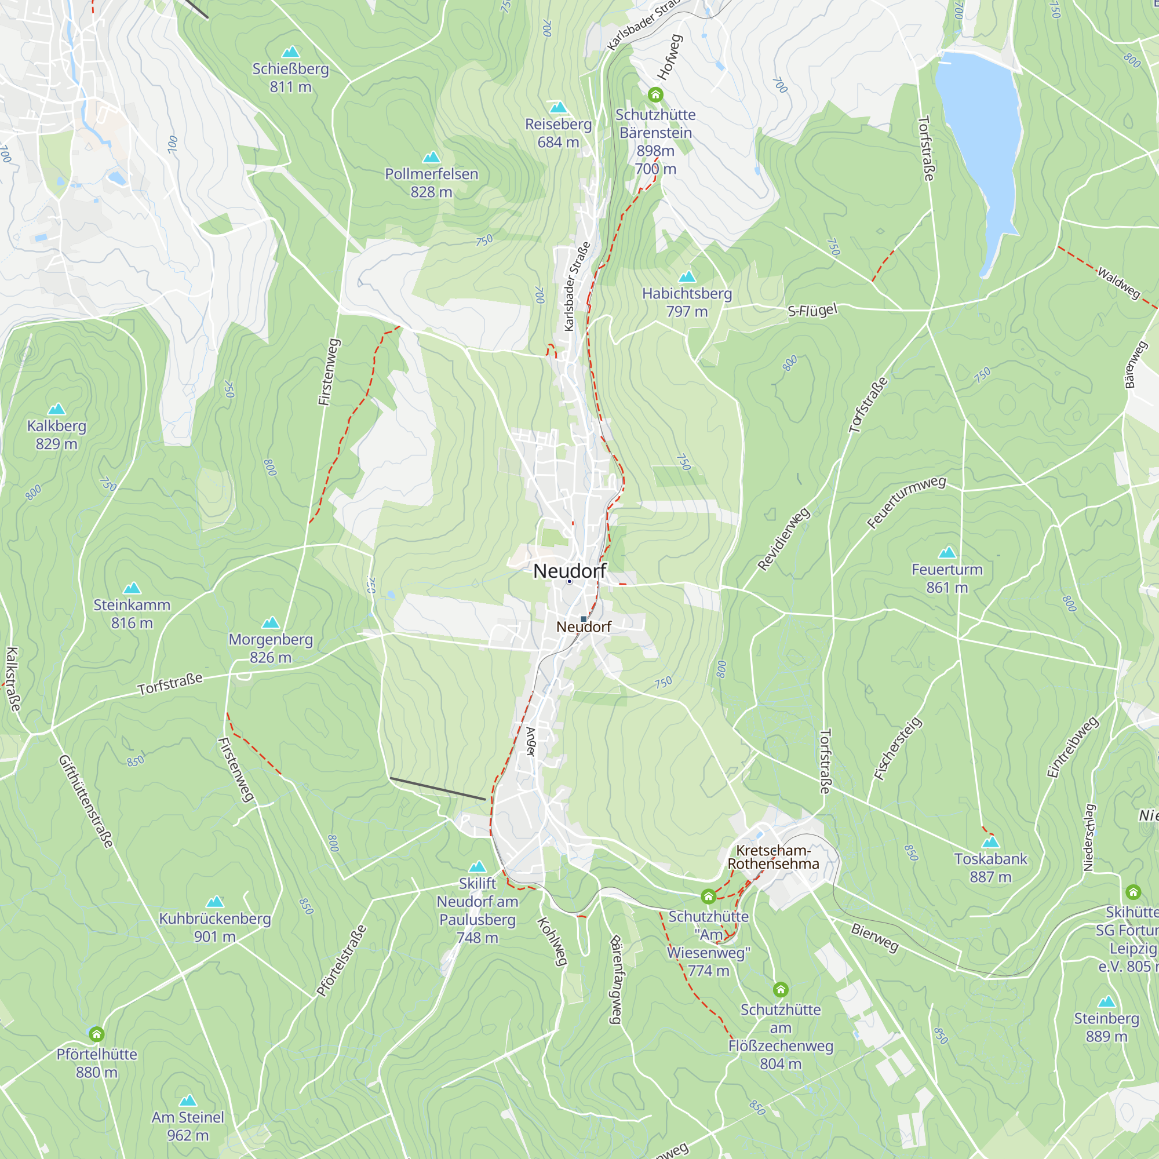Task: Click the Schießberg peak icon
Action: [290, 52]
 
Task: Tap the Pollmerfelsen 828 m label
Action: [431, 183]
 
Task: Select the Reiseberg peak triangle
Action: [559, 107]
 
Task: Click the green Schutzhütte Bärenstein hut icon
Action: [655, 95]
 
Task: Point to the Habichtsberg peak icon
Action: [687, 276]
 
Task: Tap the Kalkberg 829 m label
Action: [56, 435]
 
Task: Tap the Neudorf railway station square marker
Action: [583, 618]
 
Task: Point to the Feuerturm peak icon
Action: [947, 552]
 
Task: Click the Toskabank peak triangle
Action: [990, 842]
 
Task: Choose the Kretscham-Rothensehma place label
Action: [773, 857]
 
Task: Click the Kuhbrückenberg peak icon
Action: [215, 902]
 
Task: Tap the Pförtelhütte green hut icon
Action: [97, 1034]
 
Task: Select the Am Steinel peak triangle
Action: [188, 1100]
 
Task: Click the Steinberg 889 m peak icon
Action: [1106, 1001]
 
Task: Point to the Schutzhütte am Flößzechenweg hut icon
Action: [781, 989]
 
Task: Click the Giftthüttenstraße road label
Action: [86, 801]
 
